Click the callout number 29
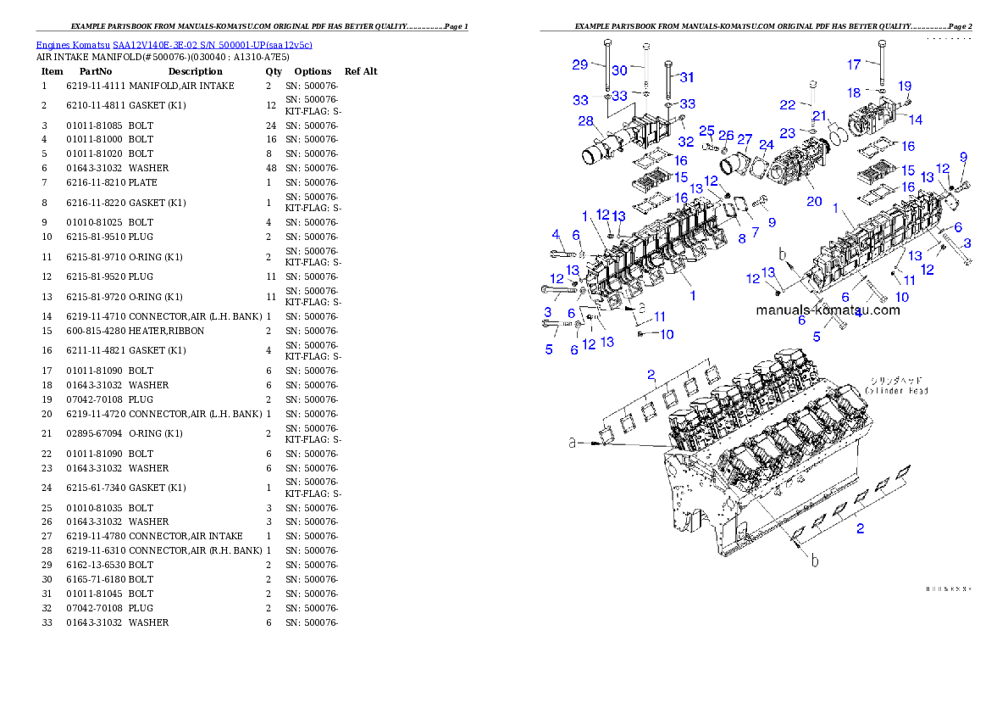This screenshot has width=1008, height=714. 579,64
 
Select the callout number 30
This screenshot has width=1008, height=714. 619,70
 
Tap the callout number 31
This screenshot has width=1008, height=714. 686,77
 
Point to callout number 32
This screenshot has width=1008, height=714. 685,141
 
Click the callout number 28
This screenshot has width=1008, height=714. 585,121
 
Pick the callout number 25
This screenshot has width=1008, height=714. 706,130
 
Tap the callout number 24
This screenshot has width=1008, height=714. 766,145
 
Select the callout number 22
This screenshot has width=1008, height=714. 788,104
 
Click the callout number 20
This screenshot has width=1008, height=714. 814,201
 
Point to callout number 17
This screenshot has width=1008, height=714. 854,64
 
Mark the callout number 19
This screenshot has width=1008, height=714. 905,86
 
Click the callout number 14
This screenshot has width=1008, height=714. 916,120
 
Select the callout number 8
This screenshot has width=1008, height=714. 742,239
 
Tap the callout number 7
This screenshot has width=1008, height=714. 755,231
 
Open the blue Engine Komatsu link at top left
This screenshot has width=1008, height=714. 174,44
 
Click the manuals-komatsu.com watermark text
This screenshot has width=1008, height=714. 828,310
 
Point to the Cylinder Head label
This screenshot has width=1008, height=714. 896,386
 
